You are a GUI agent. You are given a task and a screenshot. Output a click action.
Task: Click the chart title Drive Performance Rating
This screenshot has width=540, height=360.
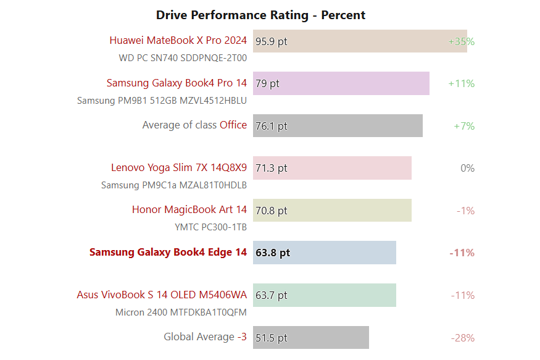tap(260, 15)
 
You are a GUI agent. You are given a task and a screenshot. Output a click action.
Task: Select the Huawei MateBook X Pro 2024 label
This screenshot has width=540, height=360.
tap(178, 41)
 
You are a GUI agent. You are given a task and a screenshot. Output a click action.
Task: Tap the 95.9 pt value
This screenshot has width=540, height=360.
tap(272, 41)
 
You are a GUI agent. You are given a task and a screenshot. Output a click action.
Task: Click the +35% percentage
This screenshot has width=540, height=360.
tap(461, 41)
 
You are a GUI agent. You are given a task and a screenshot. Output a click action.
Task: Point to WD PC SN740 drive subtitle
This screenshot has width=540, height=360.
tap(183, 58)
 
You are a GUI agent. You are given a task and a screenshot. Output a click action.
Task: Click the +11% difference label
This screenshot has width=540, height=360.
tap(461, 83)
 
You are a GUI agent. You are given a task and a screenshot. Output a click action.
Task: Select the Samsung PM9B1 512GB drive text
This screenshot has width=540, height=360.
tap(162, 100)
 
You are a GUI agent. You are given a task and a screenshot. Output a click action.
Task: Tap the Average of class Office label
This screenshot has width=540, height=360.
tap(194, 125)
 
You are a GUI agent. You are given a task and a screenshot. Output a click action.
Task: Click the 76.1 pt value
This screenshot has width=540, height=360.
tap(272, 126)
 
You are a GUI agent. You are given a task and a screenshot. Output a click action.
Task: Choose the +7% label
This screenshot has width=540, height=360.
tap(463, 126)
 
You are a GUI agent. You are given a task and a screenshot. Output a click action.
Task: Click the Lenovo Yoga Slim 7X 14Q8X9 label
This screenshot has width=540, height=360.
tap(179, 167)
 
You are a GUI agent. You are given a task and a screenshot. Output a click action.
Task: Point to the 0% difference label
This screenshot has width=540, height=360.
tap(467, 168)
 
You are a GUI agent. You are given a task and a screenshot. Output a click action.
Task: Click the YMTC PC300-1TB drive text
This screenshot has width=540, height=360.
tap(210, 227)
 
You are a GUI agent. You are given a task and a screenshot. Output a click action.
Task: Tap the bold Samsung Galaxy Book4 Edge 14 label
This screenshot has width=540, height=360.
tap(168, 252)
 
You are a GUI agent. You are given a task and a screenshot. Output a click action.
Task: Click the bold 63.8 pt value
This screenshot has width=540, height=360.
tap(273, 253)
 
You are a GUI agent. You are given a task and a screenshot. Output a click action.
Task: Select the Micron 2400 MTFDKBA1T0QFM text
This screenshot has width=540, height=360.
tap(181, 312)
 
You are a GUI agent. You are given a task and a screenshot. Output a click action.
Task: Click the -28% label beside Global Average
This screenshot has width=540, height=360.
tap(462, 338)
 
